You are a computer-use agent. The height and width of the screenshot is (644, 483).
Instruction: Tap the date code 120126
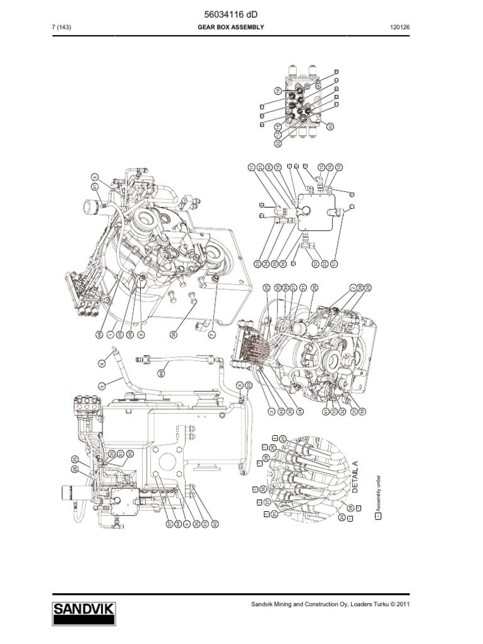coord(399,28)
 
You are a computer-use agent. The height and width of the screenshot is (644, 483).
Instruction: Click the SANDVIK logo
coord(84,610)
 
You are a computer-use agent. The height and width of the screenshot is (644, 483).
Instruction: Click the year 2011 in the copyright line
coord(402,604)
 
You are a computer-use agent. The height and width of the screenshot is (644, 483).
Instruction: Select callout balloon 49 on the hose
coord(161,373)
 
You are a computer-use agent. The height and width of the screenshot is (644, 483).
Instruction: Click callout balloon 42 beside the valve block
coord(330,126)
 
